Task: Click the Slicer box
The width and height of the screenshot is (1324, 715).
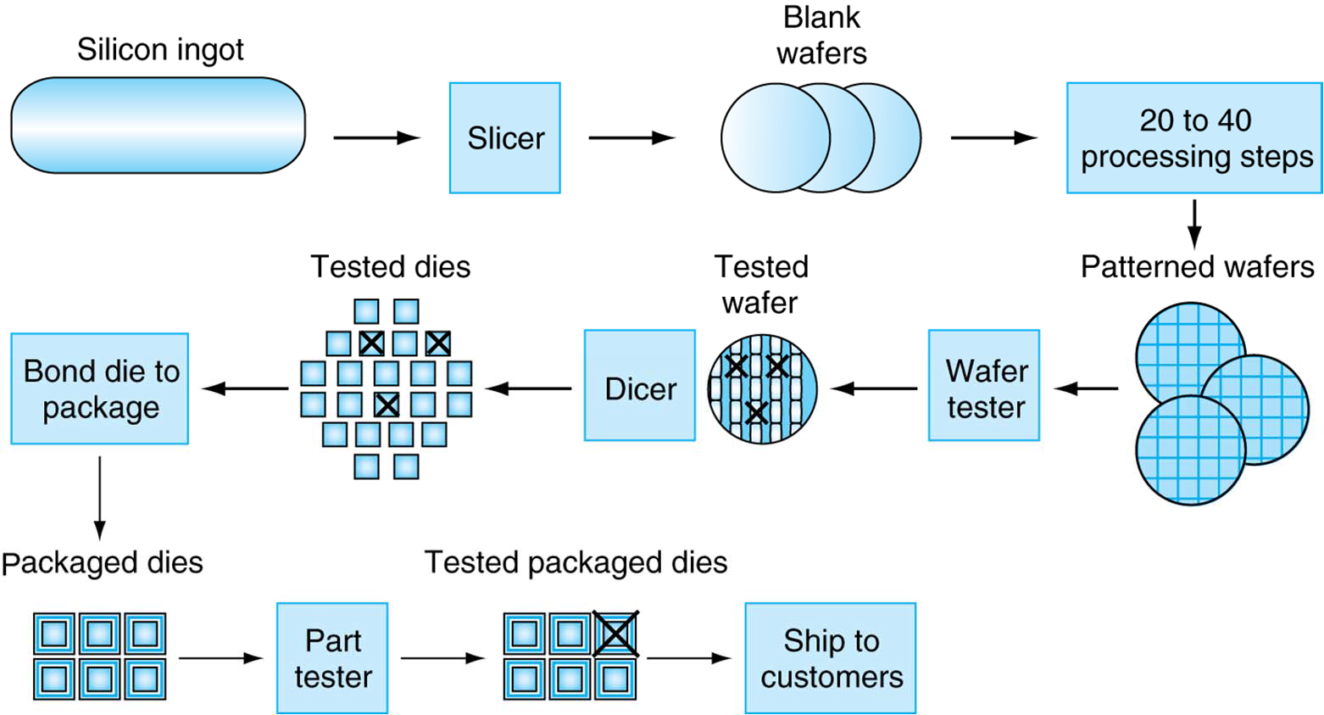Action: coord(504,138)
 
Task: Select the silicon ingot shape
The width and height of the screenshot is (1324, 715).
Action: coord(158,126)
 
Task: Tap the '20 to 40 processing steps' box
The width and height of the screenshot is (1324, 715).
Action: coord(1194,138)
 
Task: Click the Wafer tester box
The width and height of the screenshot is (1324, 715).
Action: coord(984,386)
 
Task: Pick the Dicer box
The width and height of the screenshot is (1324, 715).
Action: coord(639,386)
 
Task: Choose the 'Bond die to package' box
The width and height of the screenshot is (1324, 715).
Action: coord(100,388)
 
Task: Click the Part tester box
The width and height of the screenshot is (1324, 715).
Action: coord(332,658)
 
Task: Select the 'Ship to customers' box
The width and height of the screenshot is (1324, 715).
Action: coord(831,658)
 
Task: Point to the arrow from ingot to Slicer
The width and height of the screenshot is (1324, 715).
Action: coord(376,138)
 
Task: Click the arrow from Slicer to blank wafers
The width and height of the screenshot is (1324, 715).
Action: coord(631,138)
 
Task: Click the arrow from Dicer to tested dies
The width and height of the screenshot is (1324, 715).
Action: coord(530,388)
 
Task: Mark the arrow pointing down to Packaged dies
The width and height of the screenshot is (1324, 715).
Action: coord(100,497)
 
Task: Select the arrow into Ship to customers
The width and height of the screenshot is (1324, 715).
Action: coord(688,658)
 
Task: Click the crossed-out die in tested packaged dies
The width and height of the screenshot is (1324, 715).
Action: coord(615,634)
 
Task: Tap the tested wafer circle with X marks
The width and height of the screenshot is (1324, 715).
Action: coord(762,389)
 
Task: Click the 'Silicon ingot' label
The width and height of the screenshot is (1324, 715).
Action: coord(160,49)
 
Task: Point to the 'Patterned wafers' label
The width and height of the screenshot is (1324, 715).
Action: coord(1197,266)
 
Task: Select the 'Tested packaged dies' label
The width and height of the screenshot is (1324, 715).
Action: coord(576,562)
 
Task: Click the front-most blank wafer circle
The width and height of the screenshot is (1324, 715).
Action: coord(775,138)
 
